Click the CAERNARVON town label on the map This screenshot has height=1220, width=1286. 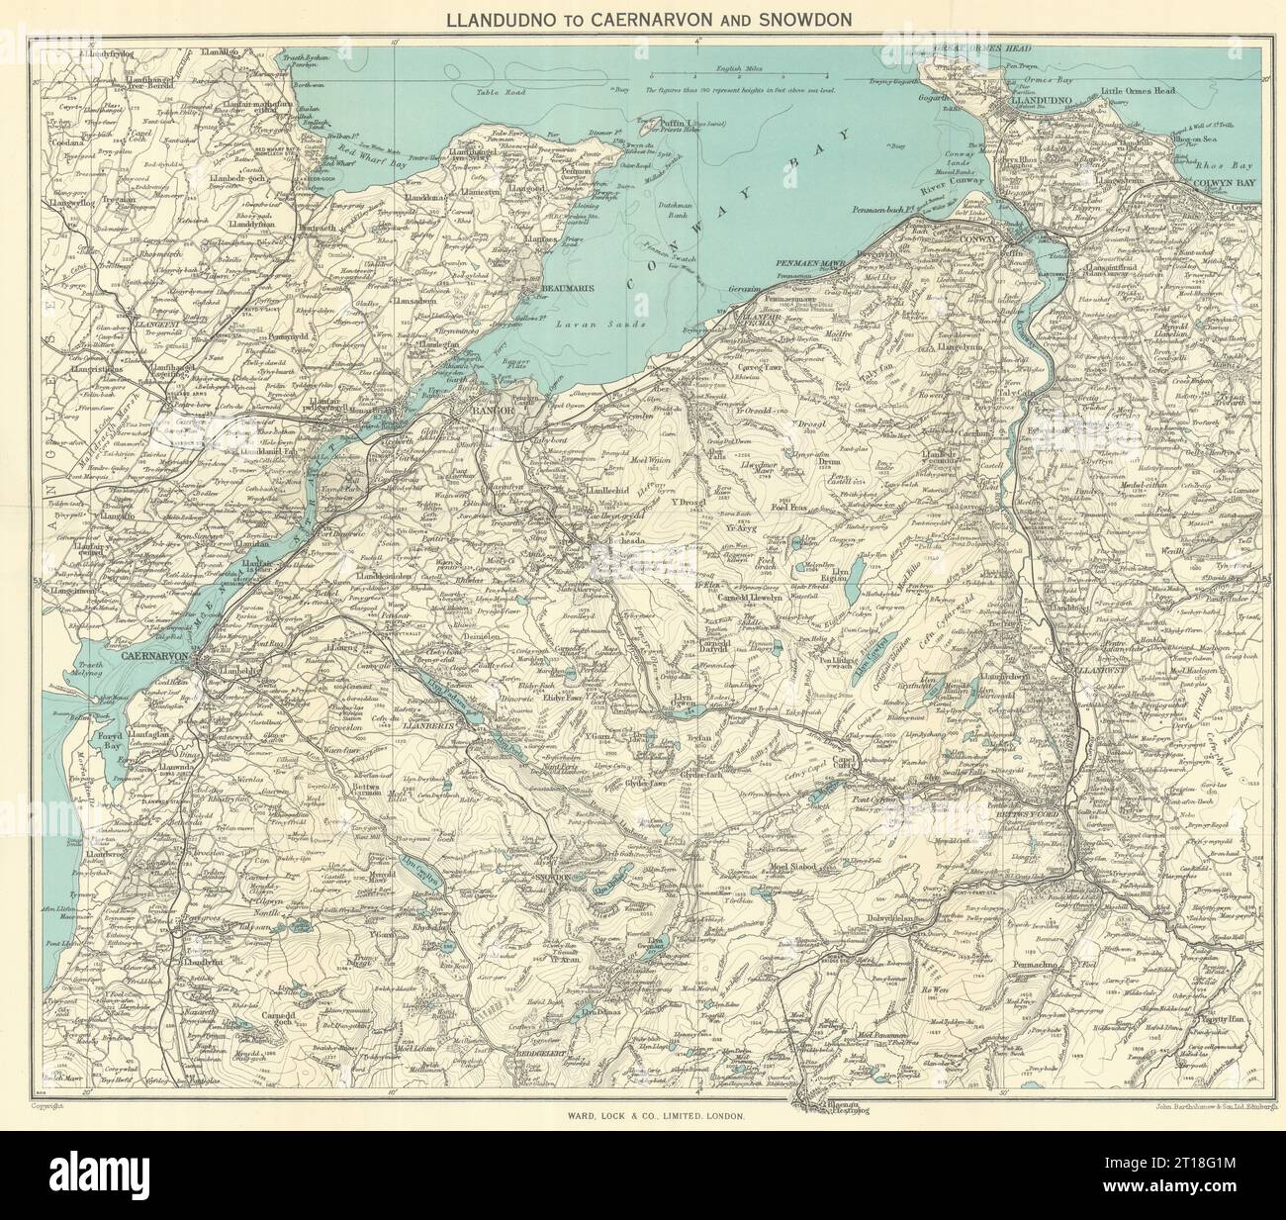[160, 655]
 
